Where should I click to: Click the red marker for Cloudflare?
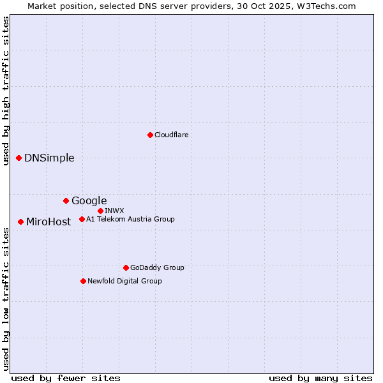[x=150, y=135]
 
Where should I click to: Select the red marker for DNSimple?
[x=19, y=158]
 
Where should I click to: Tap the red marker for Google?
[x=66, y=200]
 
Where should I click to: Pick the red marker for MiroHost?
[x=21, y=222]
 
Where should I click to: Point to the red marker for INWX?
[x=100, y=211]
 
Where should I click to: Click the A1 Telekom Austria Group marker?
[x=82, y=219]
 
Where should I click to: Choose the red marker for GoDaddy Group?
[x=126, y=267]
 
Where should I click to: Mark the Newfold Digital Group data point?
[x=83, y=281]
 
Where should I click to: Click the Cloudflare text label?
[x=171, y=135]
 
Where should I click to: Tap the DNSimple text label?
[x=49, y=158]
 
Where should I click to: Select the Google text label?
[x=89, y=201]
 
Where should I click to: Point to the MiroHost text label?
[x=49, y=222]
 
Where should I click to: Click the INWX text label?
[x=114, y=211]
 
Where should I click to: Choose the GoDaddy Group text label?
[x=156, y=267]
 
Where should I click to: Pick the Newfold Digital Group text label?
[x=124, y=281]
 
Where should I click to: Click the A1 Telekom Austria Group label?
[x=130, y=219]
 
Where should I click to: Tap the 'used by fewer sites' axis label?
[x=66, y=378]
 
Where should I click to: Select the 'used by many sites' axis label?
[x=320, y=378]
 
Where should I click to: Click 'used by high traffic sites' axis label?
[x=6, y=91]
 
